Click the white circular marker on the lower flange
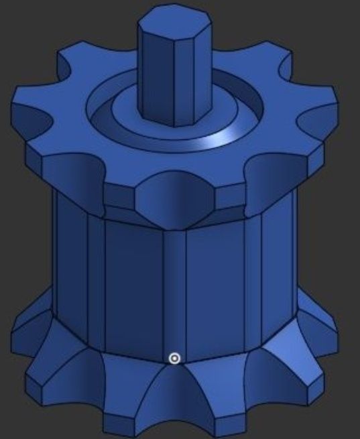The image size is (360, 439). [x=174, y=359]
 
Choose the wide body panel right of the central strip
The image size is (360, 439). [x=215, y=281]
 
